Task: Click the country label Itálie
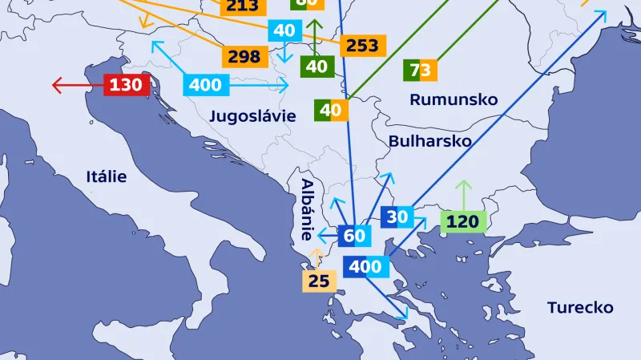[107, 176]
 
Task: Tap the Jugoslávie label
[252, 116]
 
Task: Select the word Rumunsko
[454, 99]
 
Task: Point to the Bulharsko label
[429, 141]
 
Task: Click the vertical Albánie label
[306, 210]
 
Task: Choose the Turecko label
[580, 307]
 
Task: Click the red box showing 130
[126, 84]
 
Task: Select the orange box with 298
[244, 56]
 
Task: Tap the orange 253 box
[362, 46]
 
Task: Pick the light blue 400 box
[206, 84]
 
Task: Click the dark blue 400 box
[366, 267]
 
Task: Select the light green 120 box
[463, 221]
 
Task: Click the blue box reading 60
[354, 236]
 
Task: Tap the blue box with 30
[397, 216]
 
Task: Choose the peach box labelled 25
[319, 281]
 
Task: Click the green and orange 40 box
[332, 110]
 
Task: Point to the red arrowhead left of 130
[56, 84]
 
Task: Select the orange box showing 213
[242, 7]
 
